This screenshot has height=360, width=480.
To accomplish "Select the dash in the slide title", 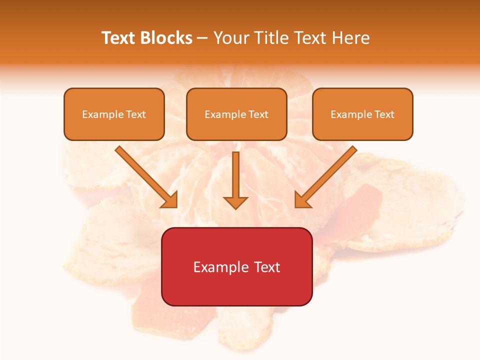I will point(202,38).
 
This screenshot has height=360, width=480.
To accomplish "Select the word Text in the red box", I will point(267,267).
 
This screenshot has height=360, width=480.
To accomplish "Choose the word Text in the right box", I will point(384,114).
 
